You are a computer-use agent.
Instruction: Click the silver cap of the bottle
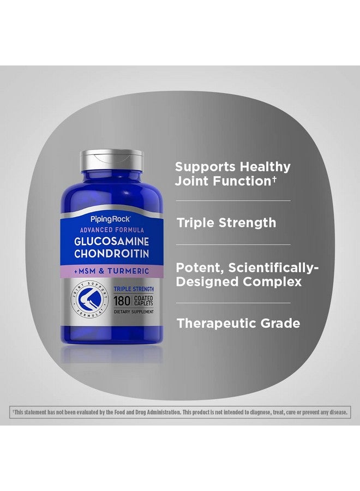(x=112, y=160)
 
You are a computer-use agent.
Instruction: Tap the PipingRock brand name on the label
(x=110, y=219)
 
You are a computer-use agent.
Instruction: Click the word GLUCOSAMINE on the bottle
(x=111, y=242)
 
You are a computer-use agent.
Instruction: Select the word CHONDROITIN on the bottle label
(x=111, y=254)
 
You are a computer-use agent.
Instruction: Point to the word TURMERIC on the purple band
(x=128, y=271)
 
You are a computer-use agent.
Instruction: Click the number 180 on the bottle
(x=122, y=301)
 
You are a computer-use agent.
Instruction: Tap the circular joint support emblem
(x=89, y=300)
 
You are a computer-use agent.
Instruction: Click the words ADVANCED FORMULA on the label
(x=112, y=230)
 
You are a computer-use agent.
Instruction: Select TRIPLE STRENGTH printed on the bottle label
(x=134, y=289)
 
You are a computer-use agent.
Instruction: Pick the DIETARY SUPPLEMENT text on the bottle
(x=134, y=312)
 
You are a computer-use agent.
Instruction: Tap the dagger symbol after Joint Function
(x=274, y=179)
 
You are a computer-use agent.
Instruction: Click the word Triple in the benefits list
(x=196, y=223)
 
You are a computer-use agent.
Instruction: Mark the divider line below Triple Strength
(x=233, y=245)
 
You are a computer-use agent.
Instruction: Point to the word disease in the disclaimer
(x=338, y=412)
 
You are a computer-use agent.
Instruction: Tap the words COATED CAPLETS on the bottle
(x=143, y=301)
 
